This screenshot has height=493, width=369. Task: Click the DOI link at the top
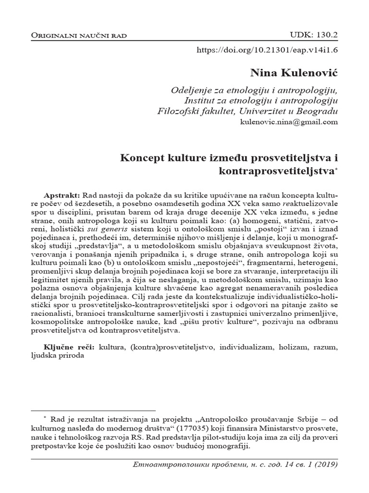(268, 50)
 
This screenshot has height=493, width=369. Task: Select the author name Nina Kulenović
(294, 73)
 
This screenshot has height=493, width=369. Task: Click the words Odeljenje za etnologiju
(212, 90)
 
